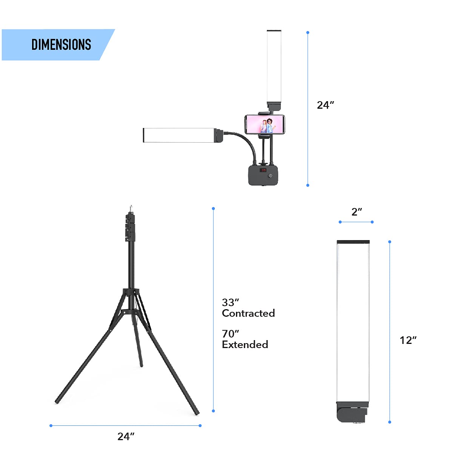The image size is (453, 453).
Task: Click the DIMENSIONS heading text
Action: (61, 45)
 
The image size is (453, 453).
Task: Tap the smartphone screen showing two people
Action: (265, 124)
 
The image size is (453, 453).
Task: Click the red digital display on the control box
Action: (263, 170)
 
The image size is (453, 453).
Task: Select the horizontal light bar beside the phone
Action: (179, 135)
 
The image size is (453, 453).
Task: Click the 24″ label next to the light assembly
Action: (325, 105)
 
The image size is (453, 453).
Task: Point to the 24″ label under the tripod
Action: (126, 436)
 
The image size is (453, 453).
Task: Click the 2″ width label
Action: (357, 212)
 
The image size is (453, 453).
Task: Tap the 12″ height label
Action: (408, 340)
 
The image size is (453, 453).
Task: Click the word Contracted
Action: (248, 313)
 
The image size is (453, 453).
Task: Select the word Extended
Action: (245, 344)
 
